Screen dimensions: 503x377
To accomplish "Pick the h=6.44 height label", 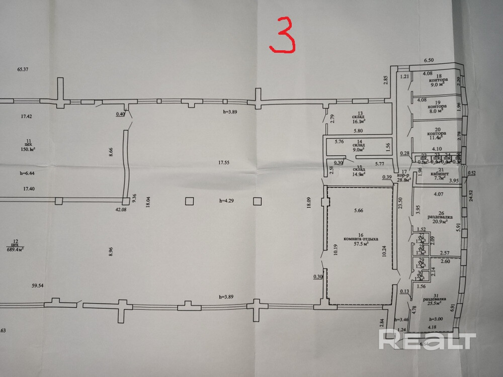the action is click(29, 173).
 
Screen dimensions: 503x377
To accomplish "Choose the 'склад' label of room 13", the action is click(358, 116).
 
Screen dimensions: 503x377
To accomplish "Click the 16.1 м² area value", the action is click(358, 121).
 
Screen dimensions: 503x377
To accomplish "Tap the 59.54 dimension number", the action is click(38, 286).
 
